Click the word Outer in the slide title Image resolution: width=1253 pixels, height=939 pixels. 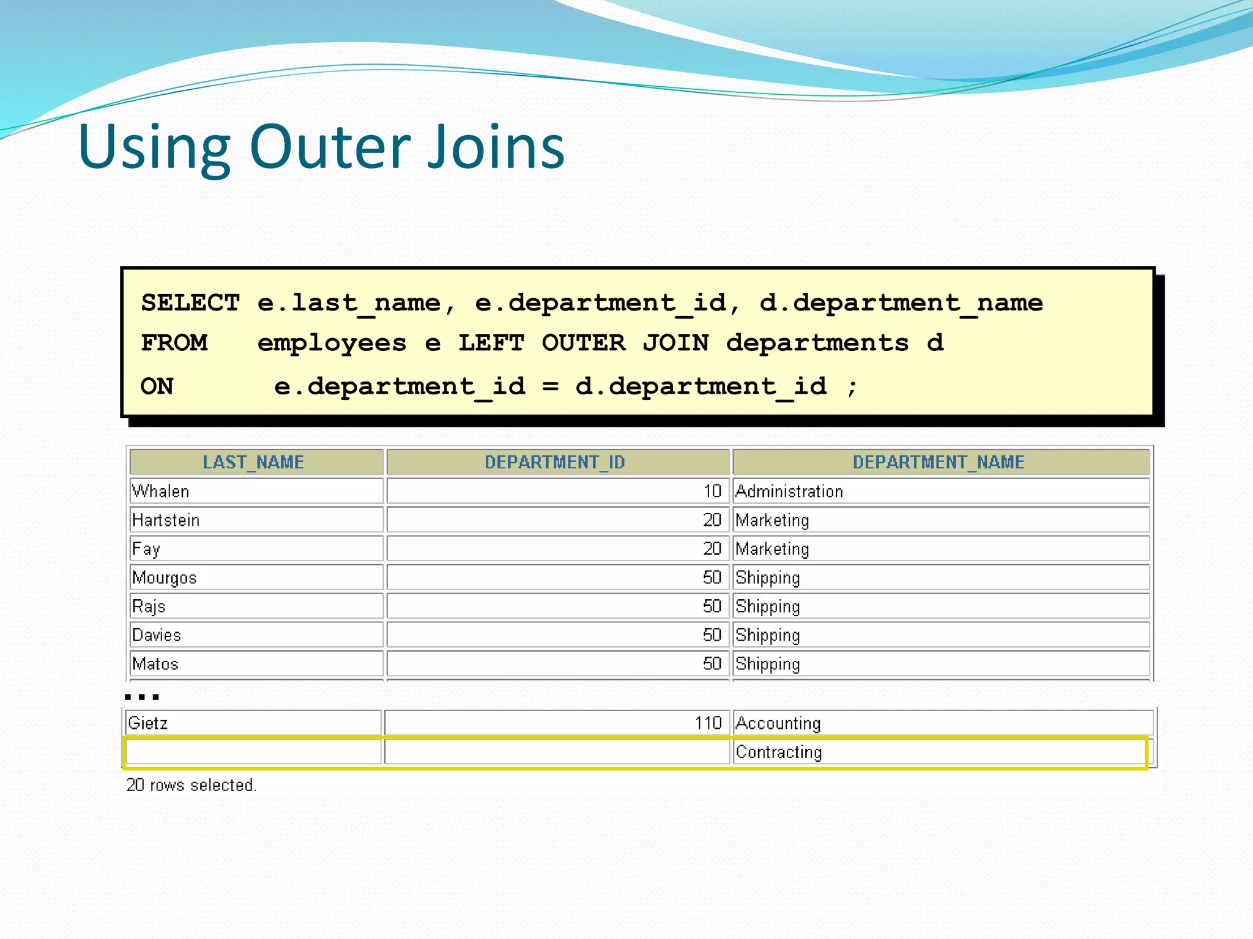330,147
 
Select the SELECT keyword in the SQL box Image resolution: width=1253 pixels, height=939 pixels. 190,303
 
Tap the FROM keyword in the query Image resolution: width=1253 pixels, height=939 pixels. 174,343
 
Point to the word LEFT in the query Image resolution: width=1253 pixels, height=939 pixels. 491,343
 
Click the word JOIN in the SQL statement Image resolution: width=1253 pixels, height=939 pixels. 675,343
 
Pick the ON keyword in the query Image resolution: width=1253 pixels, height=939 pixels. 157,386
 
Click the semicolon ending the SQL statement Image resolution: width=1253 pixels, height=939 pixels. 852,386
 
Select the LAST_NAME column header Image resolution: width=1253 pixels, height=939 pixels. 253,462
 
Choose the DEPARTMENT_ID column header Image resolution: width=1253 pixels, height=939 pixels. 555,462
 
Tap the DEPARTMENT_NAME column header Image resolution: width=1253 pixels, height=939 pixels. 939,462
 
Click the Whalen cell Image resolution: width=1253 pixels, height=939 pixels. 161,491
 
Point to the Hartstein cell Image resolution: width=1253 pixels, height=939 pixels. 166,520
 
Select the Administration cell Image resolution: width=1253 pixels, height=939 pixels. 789,491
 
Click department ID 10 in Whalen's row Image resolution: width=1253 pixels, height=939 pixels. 712,491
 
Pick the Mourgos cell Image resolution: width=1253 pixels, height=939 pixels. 165,578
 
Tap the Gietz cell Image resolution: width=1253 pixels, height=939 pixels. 148,723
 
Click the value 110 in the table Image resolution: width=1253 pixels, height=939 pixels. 708,723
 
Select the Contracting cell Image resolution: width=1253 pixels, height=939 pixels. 778,752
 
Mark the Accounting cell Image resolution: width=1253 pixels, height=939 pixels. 778,723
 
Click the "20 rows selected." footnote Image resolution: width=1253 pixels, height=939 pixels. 191,785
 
